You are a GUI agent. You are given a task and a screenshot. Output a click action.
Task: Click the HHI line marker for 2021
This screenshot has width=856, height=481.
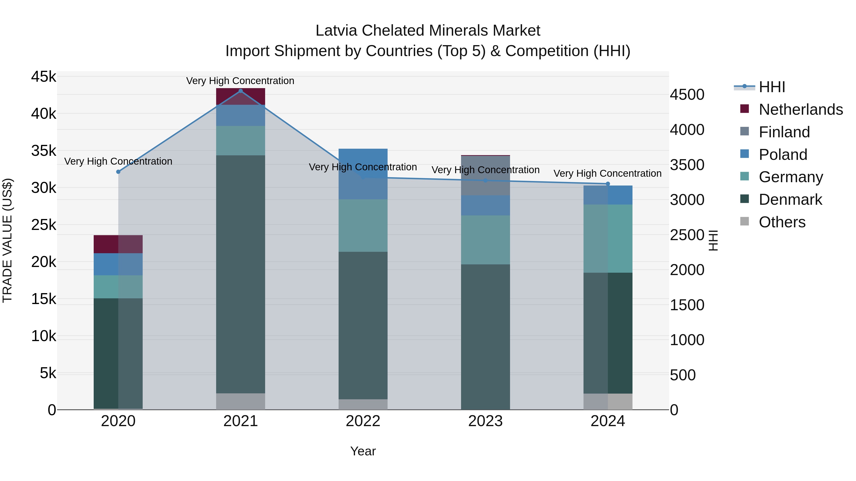(x=241, y=91)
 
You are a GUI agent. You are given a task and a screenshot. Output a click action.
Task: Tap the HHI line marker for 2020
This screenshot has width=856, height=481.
(x=118, y=172)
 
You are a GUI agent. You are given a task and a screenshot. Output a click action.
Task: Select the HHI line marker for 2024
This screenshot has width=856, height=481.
(x=608, y=184)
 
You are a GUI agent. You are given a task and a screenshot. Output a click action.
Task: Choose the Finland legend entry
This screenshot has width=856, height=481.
(x=784, y=132)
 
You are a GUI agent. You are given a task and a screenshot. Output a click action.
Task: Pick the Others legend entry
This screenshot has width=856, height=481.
(x=782, y=222)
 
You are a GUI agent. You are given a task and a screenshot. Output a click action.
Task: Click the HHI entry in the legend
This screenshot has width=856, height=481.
(x=772, y=87)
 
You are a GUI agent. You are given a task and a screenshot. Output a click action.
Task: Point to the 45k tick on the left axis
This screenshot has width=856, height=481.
(x=44, y=77)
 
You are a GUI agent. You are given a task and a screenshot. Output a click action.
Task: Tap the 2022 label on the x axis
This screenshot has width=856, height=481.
(x=363, y=421)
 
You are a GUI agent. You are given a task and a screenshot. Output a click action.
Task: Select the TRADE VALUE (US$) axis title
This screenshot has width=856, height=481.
(x=8, y=240)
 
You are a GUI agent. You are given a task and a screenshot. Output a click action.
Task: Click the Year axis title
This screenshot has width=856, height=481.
(x=363, y=451)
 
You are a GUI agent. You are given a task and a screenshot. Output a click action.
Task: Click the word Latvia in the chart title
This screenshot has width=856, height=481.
(x=336, y=31)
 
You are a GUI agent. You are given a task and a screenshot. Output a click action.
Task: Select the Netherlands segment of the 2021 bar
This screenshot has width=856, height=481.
(x=241, y=97)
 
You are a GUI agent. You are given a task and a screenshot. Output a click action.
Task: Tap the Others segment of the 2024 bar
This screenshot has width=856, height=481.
(x=608, y=401)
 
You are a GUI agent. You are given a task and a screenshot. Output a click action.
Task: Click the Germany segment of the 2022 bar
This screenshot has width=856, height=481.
(x=363, y=225)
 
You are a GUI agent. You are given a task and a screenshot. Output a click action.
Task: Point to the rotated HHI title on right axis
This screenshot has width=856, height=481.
(x=713, y=240)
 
